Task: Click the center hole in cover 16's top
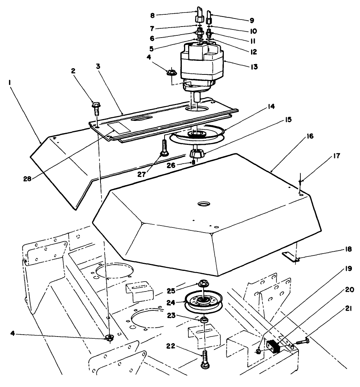click(x=203, y=203)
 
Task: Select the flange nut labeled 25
click(x=203, y=284)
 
